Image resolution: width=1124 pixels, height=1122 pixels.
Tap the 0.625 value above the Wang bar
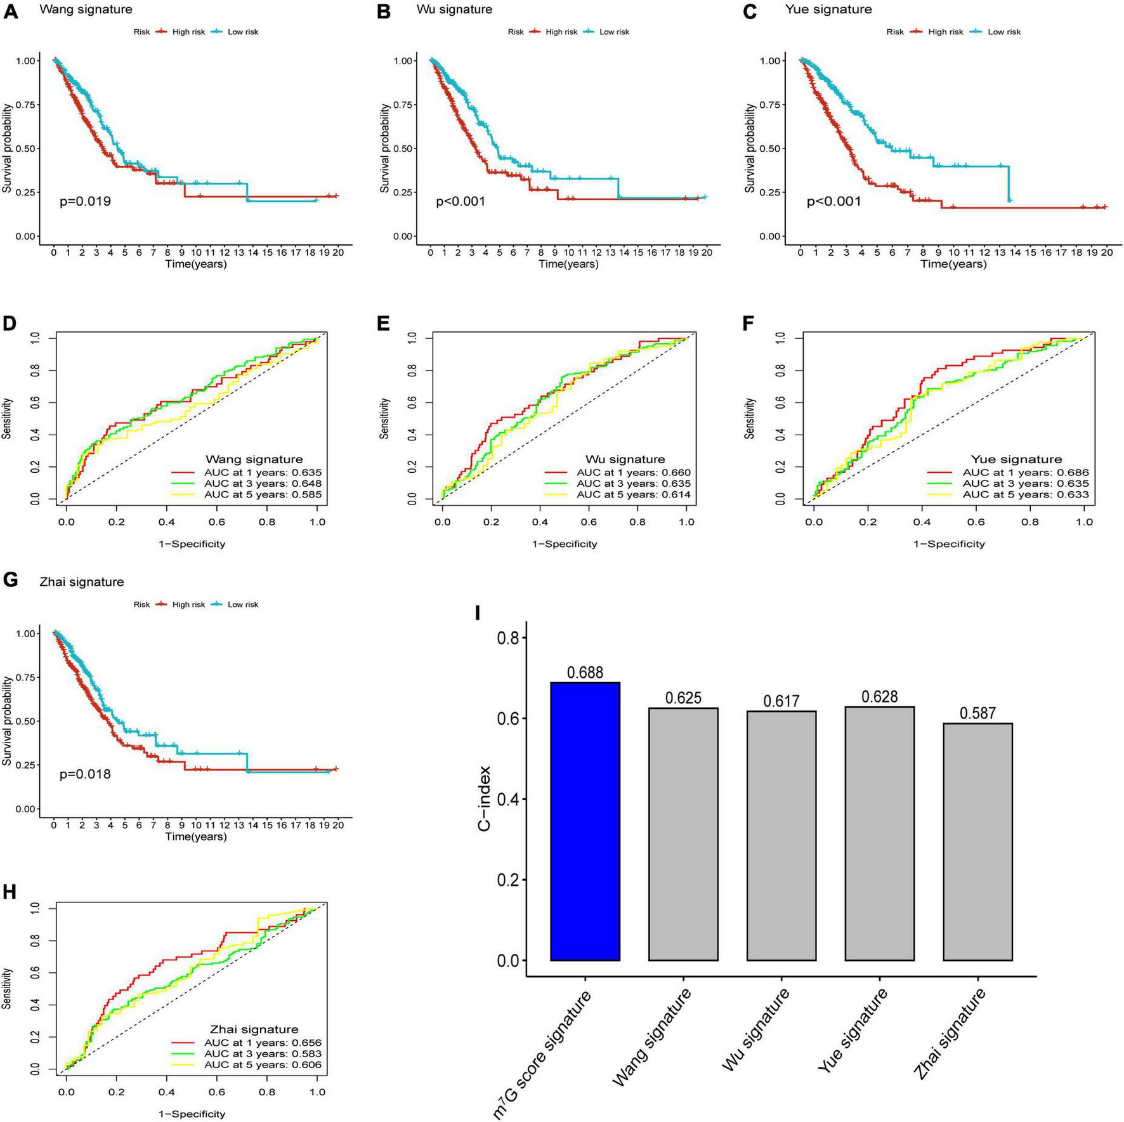(x=683, y=698)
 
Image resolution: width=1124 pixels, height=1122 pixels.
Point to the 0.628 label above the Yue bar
(x=879, y=697)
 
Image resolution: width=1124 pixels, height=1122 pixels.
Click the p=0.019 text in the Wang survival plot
(x=85, y=202)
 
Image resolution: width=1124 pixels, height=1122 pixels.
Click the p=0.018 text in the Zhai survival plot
(x=85, y=774)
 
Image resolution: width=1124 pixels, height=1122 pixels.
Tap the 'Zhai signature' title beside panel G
(x=81, y=582)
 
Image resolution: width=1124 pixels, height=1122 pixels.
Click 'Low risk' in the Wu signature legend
(x=614, y=32)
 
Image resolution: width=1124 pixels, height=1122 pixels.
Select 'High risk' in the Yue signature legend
(x=945, y=32)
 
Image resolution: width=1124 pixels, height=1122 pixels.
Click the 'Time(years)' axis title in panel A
(x=196, y=264)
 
